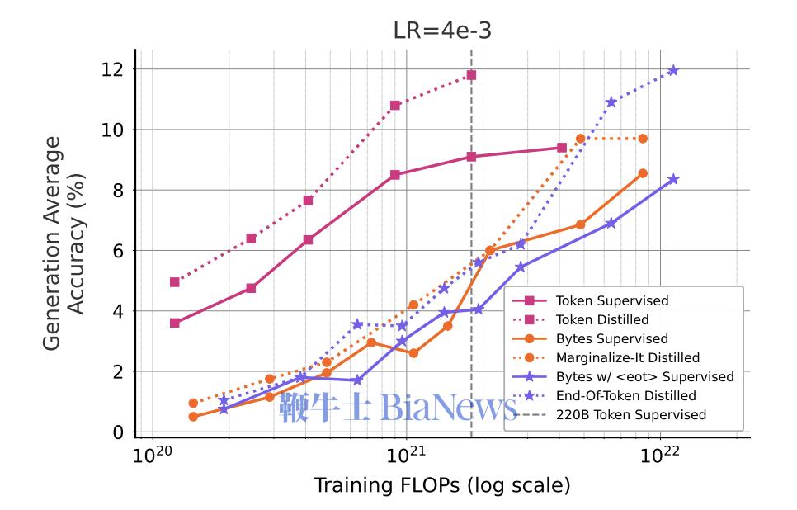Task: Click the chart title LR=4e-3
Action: click(442, 31)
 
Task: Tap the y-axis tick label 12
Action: click(112, 69)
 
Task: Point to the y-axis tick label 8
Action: click(118, 190)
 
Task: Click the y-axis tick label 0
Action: click(118, 432)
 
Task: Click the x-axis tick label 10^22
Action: click(659, 454)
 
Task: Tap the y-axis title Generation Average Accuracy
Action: click(64, 243)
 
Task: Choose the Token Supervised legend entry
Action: click(590, 300)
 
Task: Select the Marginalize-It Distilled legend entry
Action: click(606, 357)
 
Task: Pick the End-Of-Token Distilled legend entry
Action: click(604, 395)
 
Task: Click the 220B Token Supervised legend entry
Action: click(609, 415)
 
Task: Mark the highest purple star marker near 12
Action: click(673, 70)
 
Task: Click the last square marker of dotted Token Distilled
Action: click(471, 75)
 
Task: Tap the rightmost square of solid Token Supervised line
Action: click(562, 148)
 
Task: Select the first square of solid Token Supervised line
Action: click(175, 323)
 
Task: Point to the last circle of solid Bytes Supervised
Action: click(643, 173)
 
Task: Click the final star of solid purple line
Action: click(673, 180)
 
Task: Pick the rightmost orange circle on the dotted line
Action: click(643, 139)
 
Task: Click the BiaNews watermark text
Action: click(450, 407)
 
